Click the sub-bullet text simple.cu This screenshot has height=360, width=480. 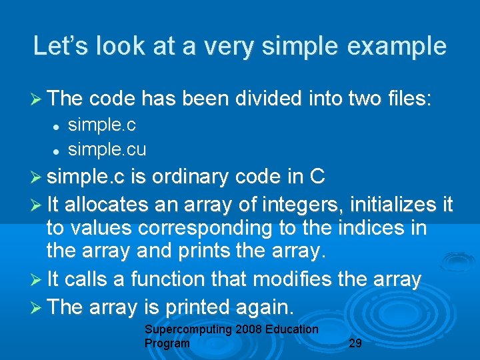[107, 149]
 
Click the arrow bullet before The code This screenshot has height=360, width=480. [39, 100]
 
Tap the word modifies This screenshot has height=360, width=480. [300, 279]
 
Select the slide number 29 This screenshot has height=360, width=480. [356, 343]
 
